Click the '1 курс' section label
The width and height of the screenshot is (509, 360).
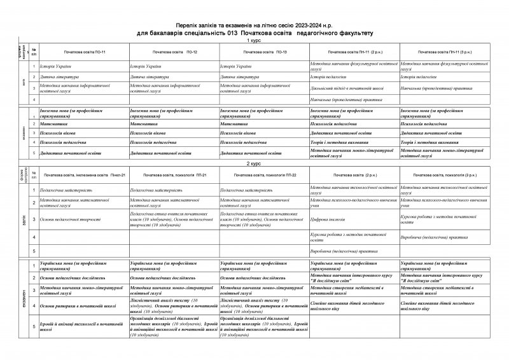[254, 39]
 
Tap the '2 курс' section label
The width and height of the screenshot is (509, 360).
[254, 164]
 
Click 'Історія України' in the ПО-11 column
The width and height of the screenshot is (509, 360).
[57, 66]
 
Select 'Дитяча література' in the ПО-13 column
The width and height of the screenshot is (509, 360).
[237, 77]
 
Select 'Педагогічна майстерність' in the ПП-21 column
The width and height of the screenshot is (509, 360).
[160, 190]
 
